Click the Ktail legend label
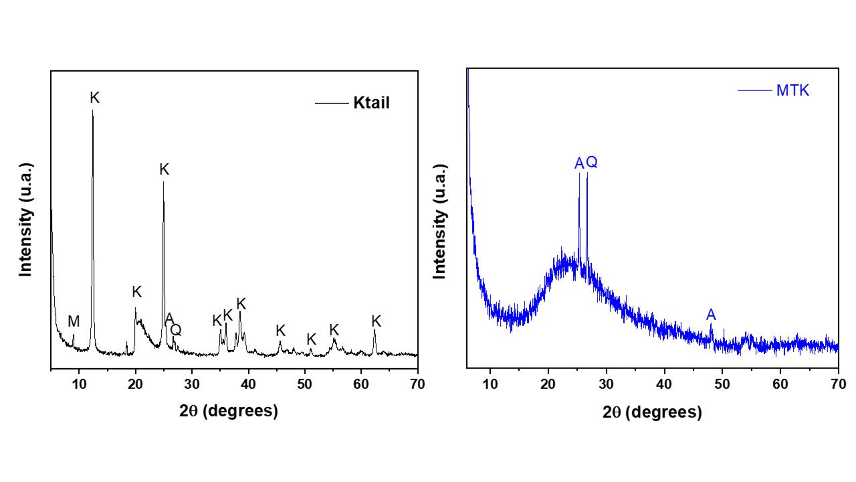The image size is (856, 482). pos(371,104)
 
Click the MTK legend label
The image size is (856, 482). pos(792,91)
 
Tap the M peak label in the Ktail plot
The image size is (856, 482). pos(74,322)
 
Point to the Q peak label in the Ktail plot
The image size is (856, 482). pos(176,329)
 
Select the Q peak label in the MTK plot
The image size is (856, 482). pos(592,163)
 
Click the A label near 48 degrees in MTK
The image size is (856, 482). pos(712,315)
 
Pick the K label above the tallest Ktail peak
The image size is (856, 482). pos(95,98)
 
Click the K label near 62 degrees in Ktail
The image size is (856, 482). pos(377,321)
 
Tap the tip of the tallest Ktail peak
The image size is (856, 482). pos(92,110)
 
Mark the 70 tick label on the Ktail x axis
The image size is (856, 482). pos(417,384)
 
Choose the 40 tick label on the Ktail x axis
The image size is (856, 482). pos(248,384)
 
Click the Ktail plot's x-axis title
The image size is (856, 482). pos(228,411)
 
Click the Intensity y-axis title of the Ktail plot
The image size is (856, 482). pos(26,219)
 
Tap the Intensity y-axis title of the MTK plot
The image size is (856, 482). pos(441,221)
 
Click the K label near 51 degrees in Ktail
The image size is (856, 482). pos(311,339)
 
